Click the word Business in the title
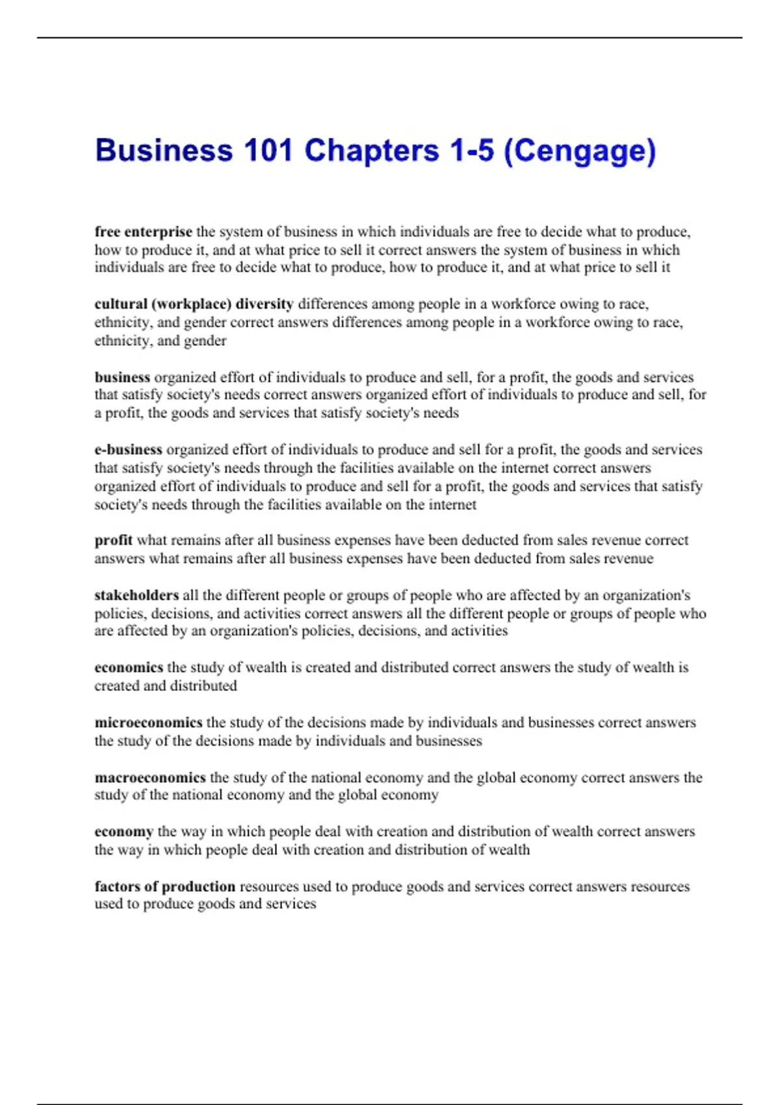(164, 151)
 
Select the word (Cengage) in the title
(580, 151)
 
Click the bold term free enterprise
(143, 232)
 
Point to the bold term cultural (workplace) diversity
(194, 304)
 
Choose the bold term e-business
(128, 450)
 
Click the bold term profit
(113, 540)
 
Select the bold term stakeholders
(136, 595)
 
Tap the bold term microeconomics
(148, 723)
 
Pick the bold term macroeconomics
(150, 778)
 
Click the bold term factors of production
(165, 887)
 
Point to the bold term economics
(129, 668)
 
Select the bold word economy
(123, 832)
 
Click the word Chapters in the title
(372, 151)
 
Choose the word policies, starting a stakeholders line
(120, 614)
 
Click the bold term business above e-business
(122, 378)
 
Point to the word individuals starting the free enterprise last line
(132, 268)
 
